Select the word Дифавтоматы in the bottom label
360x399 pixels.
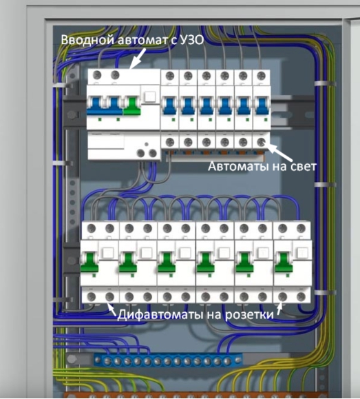click(x=160, y=315)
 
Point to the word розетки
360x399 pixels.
click(x=249, y=315)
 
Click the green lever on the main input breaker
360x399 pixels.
click(x=131, y=106)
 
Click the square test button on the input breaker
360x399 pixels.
click(x=150, y=97)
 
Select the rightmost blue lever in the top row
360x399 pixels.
click(x=262, y=106)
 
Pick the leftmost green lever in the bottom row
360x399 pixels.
click(x=89, y=262)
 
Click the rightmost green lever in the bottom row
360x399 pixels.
click(x=284, y=262)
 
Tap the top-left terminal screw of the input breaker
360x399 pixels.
click(x=97, y=75)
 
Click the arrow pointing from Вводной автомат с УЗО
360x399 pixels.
click(x=137, y=58)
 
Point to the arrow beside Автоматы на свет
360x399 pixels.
click(x=277, y=152)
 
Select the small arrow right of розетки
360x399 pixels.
click(x=279, y=308)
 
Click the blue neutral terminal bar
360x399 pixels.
click(x=168, y=360)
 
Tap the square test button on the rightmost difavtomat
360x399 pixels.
click(x=301, y=253)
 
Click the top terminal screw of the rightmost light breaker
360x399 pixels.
click(x=261, y=76)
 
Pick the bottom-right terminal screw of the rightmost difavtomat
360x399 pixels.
click(x=301, y=297)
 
